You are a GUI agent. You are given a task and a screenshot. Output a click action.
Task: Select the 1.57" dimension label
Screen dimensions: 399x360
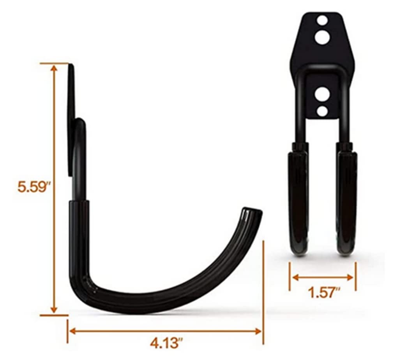(x=324, y=292)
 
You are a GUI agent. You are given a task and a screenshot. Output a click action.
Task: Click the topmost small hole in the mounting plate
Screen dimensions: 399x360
(x=322, y=21)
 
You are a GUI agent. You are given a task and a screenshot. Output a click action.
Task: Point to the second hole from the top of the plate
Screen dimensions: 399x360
(x=322, y=37)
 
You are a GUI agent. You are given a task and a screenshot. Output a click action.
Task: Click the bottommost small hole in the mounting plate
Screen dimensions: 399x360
(x=322, y=111)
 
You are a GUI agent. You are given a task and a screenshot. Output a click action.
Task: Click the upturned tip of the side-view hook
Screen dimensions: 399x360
(x=252, y=212)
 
